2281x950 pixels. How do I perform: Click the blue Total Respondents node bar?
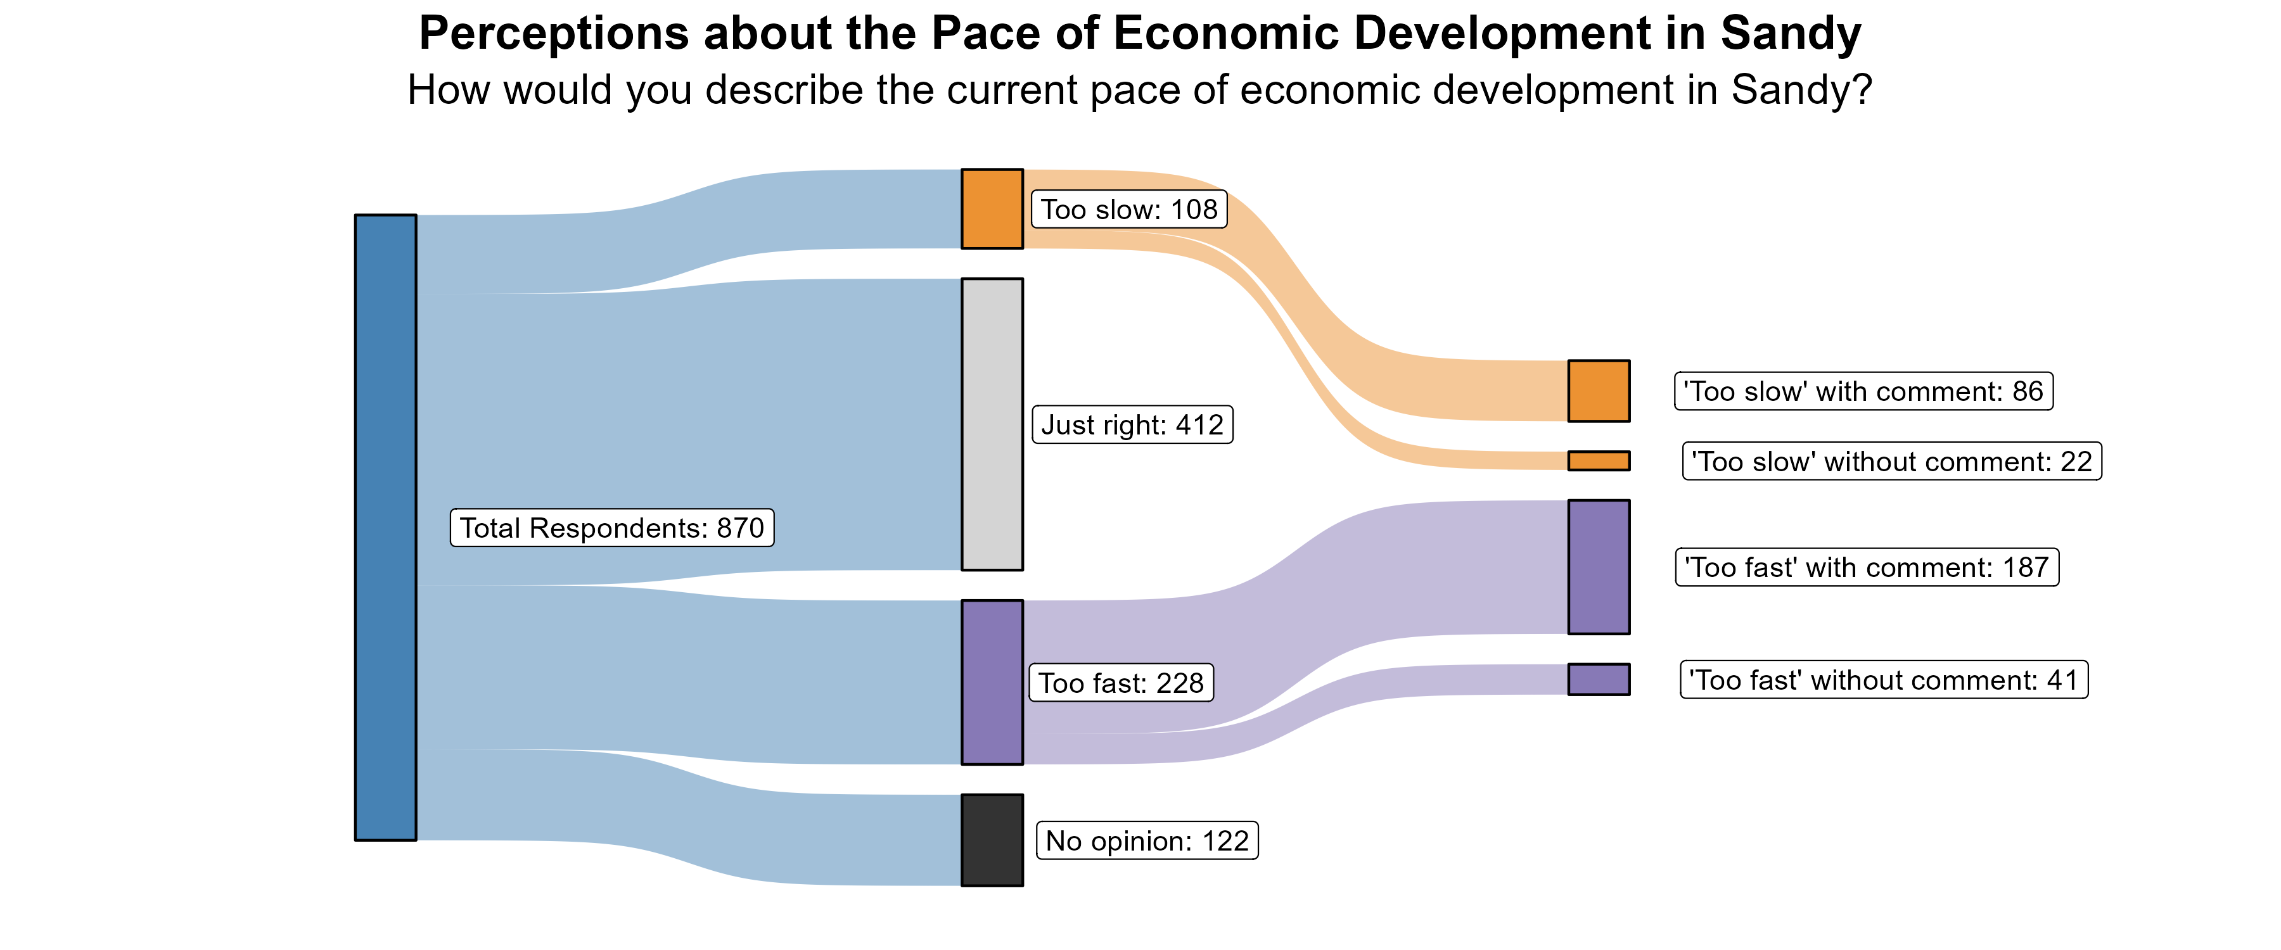(x=385, y=527)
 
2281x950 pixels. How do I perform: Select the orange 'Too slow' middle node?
(x=992, y=209)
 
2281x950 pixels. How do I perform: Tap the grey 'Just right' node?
(x=992, y=424)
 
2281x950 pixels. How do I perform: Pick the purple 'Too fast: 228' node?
(x=992, y=681)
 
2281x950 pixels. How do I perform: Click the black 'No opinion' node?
(x=992, y=839)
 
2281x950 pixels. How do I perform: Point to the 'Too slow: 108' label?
(x=1129, y=210)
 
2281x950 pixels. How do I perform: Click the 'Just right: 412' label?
(x=1132, y=425)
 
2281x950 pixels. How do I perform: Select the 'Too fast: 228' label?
(x=1120, y=683)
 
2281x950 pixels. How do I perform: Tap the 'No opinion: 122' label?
(x=1147, y=840)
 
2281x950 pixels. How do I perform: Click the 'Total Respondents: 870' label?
(x=612, y=528)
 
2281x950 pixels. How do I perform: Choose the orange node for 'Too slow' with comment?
(x=1599, y=390)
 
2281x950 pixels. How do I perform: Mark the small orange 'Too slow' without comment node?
(x=1599, y=460)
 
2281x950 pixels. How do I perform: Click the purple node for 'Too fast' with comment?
(x=1599, y=567)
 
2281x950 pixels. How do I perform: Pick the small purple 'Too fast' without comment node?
(x=1599, y=679)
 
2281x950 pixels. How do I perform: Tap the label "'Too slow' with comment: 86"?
(x=1863, y=391)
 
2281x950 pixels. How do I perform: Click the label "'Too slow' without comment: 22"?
(x=1891, y=461)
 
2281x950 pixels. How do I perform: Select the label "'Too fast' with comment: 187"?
(x=1867, y=567)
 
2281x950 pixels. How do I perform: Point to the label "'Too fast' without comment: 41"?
(x=1884, y=680)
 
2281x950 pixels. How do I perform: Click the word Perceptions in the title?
(x=553, y=35)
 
